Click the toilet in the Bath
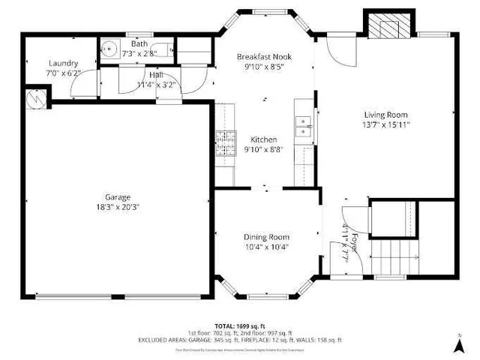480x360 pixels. pyautogui.click(x=151, y=52)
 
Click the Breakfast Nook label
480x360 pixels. pyautogui.click(x=263, y=57)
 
